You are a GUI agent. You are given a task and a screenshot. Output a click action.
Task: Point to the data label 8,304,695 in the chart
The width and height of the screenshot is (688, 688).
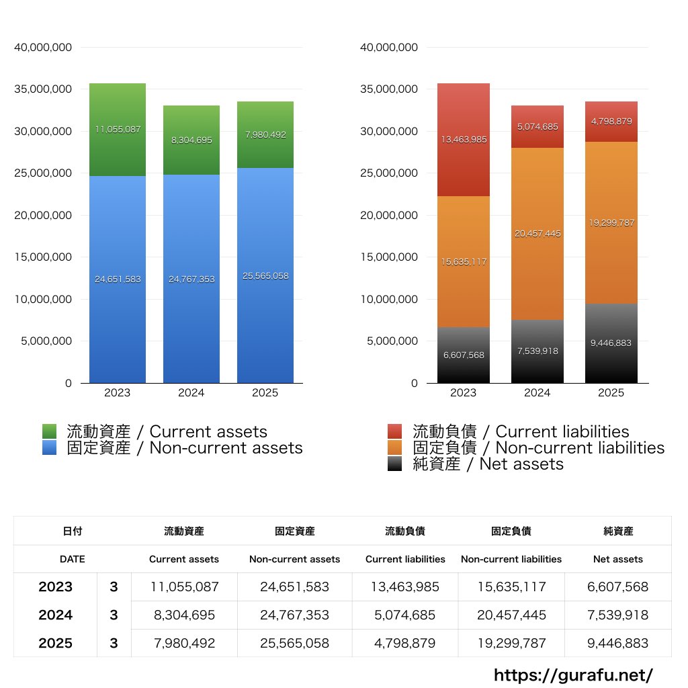coord(191,140)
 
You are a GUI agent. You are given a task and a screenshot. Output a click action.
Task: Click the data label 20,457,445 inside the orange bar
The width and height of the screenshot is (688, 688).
coord(537,234)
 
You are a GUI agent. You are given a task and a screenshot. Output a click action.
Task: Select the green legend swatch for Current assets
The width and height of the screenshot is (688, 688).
coord(49,431)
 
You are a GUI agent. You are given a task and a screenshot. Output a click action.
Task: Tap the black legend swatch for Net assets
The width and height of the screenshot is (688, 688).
coord(395,464)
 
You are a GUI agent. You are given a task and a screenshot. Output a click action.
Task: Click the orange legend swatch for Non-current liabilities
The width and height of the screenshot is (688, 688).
coord(395,448)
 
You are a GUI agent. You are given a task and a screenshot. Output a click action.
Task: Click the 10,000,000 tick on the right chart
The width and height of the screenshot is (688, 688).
coord(389,299)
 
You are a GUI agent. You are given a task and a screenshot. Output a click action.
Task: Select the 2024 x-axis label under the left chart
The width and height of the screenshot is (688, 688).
coord(191,393)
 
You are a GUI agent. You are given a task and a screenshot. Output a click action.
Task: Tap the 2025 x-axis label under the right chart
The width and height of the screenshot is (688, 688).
coord(611,393)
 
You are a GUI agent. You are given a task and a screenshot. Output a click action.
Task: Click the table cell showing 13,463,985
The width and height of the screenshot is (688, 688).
coord(405,587)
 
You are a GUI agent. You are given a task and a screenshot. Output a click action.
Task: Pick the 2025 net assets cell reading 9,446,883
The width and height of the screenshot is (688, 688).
coord(618,643)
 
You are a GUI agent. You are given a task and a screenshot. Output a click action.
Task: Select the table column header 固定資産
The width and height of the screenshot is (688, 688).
coord(294,531)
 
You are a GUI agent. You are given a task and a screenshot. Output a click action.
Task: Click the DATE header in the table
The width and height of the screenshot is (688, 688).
coord(72,559)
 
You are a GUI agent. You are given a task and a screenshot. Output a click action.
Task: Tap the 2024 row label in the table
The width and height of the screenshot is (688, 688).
coord(55,615)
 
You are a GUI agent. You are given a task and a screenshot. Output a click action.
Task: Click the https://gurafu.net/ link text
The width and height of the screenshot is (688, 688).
coord(573,675)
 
